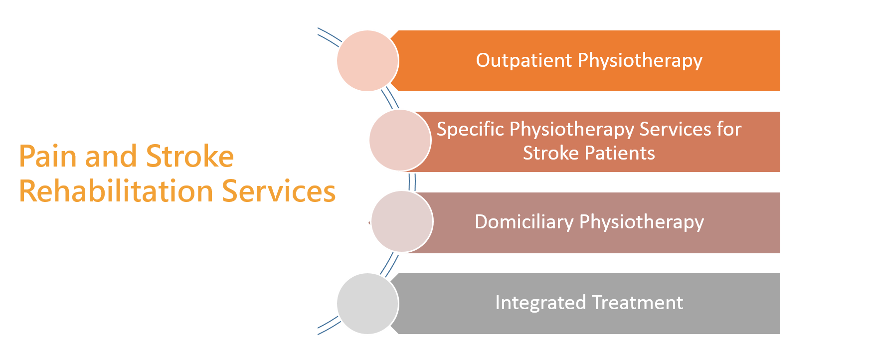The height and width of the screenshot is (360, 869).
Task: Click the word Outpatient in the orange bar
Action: coord(524,60)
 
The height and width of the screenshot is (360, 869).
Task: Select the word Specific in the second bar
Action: coord(470,130)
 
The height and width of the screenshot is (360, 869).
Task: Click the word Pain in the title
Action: coord(49,156)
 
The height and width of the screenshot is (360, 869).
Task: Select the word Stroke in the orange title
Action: coord(190,156)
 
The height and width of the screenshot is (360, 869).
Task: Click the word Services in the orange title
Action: coord(279,191)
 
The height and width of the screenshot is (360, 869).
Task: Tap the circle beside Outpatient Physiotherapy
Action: coord(368,61)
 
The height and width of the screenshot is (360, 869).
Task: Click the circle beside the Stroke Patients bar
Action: coord(400,140)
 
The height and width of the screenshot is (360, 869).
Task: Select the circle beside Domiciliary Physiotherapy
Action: coord(402,221)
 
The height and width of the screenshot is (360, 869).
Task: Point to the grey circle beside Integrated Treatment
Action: coord(368,304)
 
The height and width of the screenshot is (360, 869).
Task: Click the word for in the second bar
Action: coord(729,129)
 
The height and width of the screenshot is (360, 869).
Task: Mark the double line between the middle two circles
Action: coord(412,182)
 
